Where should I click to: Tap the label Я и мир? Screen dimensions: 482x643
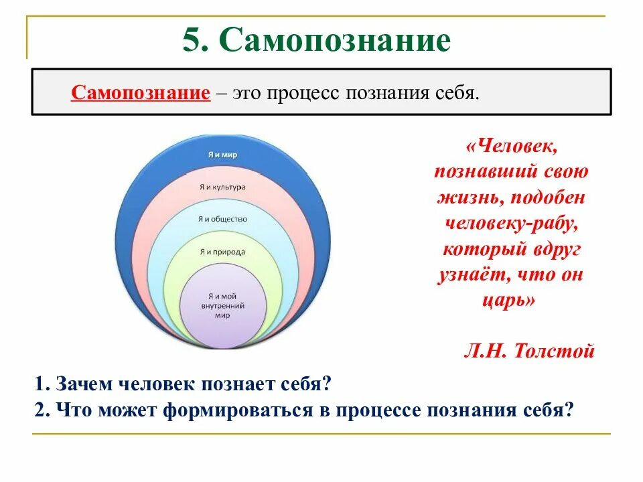[x=222, y=155]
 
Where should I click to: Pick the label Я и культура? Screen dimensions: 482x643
[x=222, y=187]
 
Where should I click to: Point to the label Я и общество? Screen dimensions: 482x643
[x=222, y=219]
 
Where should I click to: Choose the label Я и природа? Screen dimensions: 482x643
[x=222, y=252]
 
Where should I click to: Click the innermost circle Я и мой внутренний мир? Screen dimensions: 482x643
[x=223, y=305]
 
